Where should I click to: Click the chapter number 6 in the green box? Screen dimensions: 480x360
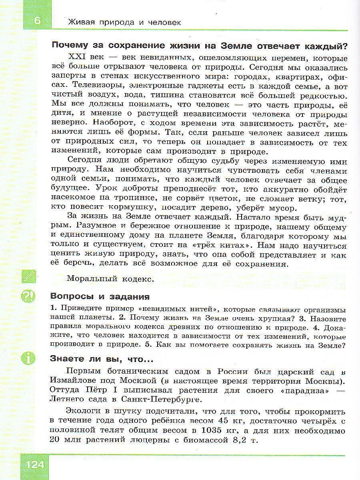[x=38, y=21]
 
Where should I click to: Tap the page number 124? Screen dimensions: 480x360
[x=37, y=466]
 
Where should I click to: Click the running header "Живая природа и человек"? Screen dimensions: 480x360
[x=124, y=22]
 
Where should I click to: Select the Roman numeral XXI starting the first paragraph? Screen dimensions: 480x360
[x=78, y=57]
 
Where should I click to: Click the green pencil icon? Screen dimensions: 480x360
[x=30, y=276]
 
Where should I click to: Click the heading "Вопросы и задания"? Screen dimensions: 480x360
[x=100, y=297]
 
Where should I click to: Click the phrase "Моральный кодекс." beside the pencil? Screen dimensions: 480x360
[x=110, y=279]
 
